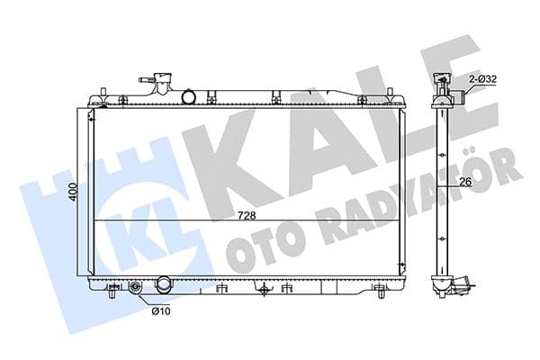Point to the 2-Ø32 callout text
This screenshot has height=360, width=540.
pos(482,81)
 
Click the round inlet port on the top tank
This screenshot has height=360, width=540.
pos(190,96)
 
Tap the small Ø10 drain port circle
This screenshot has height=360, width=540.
pos(136,289)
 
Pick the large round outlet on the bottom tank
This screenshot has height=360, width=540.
pos(164,286)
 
